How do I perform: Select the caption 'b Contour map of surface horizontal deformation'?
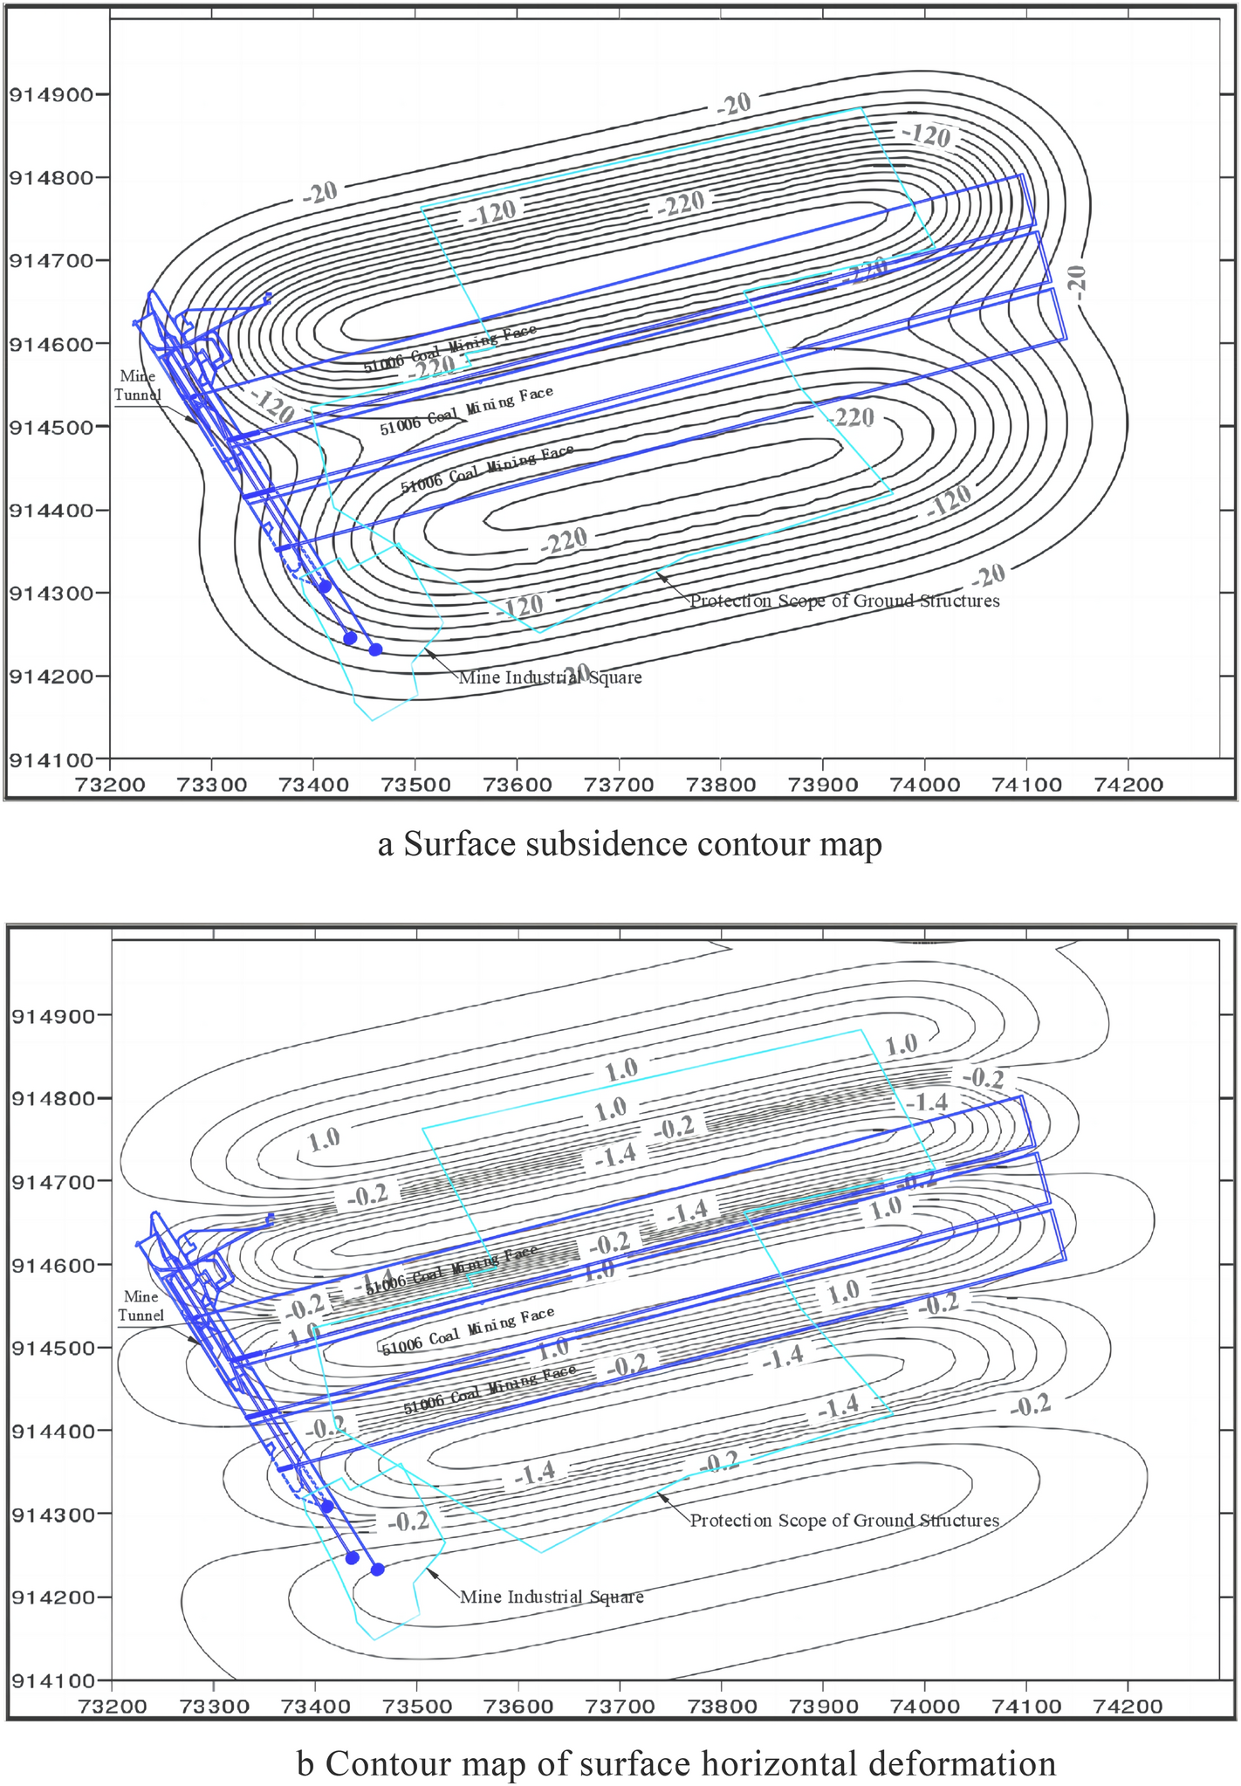(x=676, y=1763)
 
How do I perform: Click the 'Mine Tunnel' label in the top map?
(x=138, y=385)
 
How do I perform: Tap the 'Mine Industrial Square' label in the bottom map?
(x=552, y=1597)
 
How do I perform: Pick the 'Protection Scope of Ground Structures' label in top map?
(x=844, y=601)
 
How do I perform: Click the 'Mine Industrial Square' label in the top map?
(x=550, y=677)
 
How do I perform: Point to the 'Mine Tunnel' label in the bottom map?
(x=141, y=1306)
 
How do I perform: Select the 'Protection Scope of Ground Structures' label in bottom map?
(x=844, y=1520)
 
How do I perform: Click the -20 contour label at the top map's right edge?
(x=1077, y=283)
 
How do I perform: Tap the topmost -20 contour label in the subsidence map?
(x=733, y=105)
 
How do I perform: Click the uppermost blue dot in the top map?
(x=324, y=587)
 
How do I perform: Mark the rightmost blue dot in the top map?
(x=375, y=649)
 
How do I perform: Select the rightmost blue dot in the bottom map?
(x=377, y=1569)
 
